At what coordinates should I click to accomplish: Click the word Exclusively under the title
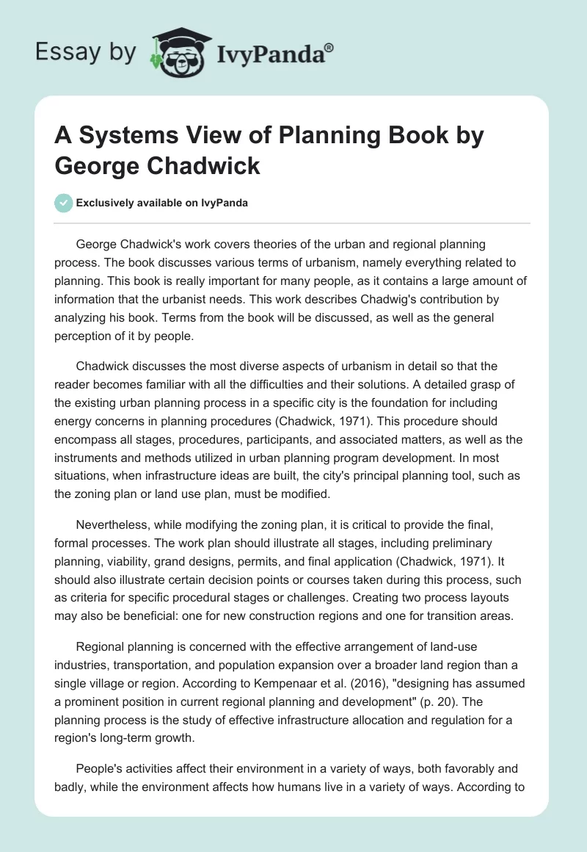point(106,203)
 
